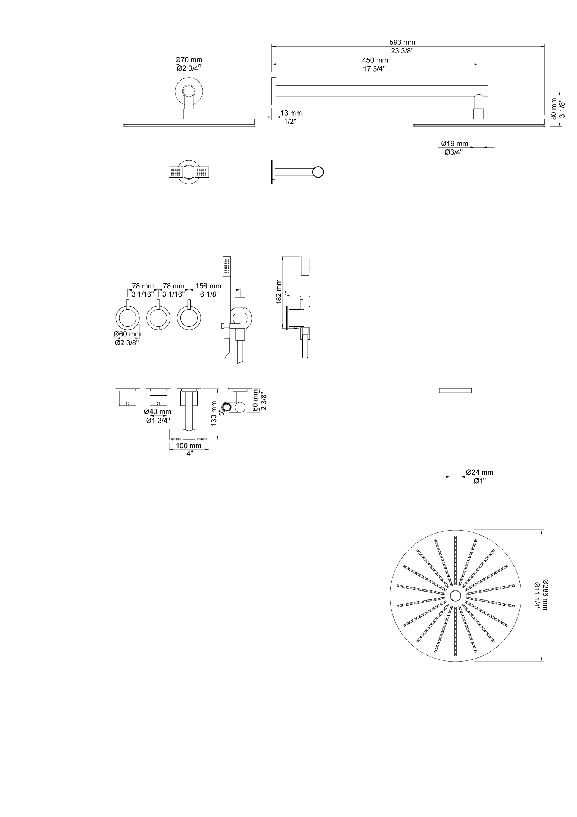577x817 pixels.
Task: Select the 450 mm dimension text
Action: (x=374, y=60)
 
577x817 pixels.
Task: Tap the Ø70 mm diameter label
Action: (x=189, y=60)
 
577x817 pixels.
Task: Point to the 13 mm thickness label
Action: (x=291, y=113)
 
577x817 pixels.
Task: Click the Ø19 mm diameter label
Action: (x=455, y=143)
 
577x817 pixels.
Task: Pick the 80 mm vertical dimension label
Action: (x=553, y=109)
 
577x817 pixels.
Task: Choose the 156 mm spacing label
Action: (x=208, y=286)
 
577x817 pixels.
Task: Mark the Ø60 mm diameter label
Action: (x=128, y=334)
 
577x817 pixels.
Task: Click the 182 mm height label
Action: (x=279, y=292)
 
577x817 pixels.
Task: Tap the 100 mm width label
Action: (x=189, y=446)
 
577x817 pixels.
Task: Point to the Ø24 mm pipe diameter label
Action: (x=480, y=472)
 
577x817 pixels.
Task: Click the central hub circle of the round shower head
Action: (x=455, y=596)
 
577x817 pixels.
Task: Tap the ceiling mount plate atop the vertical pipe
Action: (x=455, y=390)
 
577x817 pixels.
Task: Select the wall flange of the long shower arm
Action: (x=273, y=91)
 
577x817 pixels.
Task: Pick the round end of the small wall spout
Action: (x=319, y=172)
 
